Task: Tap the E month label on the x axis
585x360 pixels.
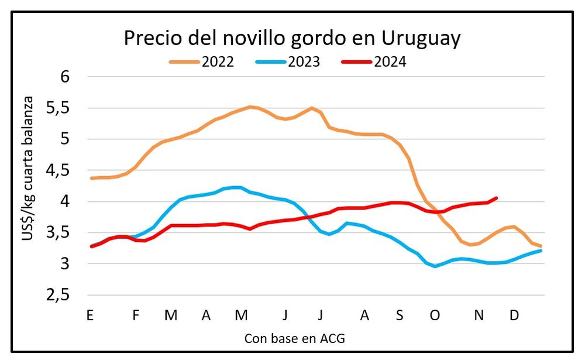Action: (x=90, y=316)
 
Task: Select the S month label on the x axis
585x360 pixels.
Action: (x=400, y=316)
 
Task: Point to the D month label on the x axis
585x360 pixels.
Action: (x=514, y=316)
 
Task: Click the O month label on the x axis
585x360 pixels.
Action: (x=435, y=316)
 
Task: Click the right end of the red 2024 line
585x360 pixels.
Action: (x=497, y=198)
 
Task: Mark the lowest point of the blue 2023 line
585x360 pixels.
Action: (x=435, y=266)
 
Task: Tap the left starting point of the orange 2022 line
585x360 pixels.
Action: (x=91, y=178)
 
